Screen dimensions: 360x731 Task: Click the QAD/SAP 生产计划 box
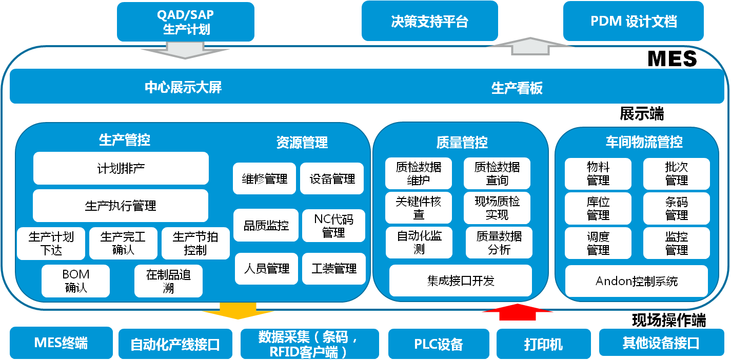[185, 22]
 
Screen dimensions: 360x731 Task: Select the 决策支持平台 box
[429, 22]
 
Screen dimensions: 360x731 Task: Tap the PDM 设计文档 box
[633, 22]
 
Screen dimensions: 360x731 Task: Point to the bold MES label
[673, 58]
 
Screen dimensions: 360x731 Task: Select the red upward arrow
[518, 311]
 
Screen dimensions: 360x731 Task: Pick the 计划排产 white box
[121, 168]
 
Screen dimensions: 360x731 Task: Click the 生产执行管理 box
[121, 206]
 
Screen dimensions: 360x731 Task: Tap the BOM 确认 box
[76, 281]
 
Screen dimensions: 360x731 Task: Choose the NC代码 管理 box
[333, 226]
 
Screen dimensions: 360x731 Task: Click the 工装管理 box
[333, 269]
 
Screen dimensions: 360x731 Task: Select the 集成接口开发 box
[460, 281]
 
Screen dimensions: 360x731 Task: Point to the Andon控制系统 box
[636, 281]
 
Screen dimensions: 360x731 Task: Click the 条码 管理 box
[676, 209]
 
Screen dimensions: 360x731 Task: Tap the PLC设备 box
[438, 344]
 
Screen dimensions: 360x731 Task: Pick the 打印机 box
[543, 344]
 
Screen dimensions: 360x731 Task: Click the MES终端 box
[61, 343]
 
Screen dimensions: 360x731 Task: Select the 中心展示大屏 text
[183, 88]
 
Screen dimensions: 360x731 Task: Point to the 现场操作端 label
[668, 321]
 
